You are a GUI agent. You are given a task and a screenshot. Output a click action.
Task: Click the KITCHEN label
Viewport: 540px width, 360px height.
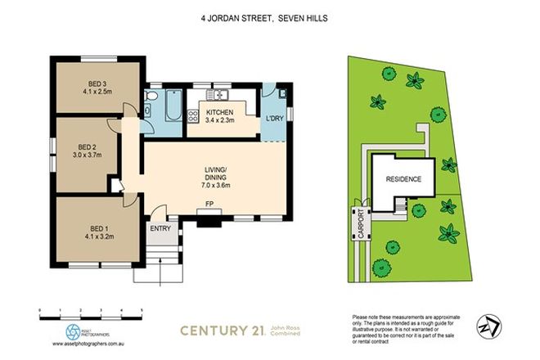(x=220, y=111)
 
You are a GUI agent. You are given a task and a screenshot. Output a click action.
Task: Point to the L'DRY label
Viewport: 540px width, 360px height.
(x=274, y=121)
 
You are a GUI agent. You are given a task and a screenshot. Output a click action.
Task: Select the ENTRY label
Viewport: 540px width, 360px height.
(x=160, y=228)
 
